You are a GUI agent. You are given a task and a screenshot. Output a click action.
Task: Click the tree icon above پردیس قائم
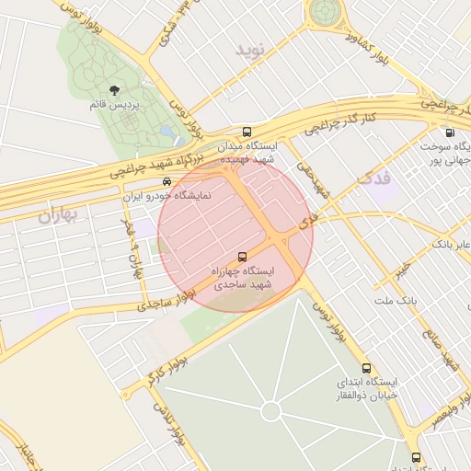[115, 90]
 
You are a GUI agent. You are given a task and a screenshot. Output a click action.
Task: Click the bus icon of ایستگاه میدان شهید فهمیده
[247, 132]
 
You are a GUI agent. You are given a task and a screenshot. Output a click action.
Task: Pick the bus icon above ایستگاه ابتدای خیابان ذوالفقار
[366, 368]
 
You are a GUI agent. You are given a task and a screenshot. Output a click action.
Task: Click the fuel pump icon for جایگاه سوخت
[449, 132]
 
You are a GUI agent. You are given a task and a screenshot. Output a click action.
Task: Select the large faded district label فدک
[371, 177]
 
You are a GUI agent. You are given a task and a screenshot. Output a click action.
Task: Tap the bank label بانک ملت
[396, 301]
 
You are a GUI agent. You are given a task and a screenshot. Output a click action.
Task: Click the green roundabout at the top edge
[325, 11]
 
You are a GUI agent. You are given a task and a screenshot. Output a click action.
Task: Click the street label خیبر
[401, 272]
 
